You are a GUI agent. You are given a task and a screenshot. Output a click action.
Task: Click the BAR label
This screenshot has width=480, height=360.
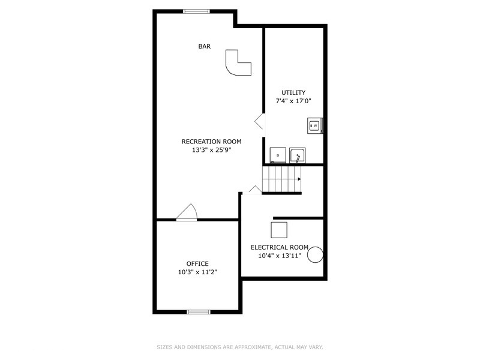click(x=205, y=46)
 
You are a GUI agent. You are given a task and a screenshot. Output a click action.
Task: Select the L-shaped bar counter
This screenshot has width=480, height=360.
click(x=236, y=65)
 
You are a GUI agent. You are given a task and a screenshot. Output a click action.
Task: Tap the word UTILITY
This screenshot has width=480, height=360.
click(x=293, y=92)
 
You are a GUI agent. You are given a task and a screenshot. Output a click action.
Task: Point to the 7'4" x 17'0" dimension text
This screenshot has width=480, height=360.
click(x=293, y=101)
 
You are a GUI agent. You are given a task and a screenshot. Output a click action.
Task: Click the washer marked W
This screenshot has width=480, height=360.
click(x=314, y=125)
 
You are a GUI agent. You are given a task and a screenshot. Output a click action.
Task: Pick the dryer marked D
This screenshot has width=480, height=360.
click(x=278, y=155)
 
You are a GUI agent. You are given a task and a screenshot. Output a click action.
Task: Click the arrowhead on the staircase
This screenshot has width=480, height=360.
click(x=298, y=179)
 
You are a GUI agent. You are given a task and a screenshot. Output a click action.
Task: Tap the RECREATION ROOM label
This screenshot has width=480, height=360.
click(x=211, y=142)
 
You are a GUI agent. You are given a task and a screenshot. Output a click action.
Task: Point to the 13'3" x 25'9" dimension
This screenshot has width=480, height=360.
click(x=211, y=150)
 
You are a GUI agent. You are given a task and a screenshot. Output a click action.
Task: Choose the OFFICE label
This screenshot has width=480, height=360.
click(x=197, y=263)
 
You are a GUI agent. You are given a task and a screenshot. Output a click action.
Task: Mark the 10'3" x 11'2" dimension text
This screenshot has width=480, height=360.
click(x=197, y=272)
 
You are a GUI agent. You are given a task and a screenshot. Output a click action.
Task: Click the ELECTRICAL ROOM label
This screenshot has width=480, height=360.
click(x=280, y=247)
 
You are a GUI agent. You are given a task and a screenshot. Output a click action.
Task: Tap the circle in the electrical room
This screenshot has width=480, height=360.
click(x=316, y=256)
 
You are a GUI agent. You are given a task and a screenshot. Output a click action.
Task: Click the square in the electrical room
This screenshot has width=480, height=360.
click(x=278, y=230)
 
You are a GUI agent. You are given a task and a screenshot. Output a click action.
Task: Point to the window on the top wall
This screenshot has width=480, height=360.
click(x=197, y=11)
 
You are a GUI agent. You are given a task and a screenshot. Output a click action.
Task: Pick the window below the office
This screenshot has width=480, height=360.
click(x=199, y=311)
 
